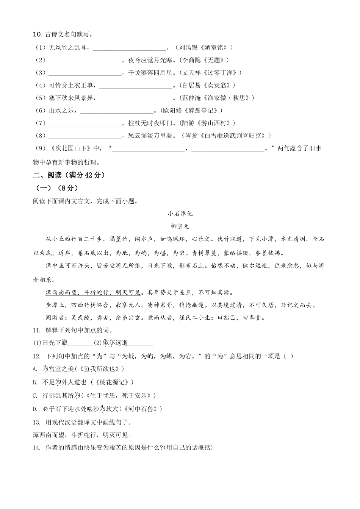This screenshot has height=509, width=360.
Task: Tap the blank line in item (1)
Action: coord(129,48)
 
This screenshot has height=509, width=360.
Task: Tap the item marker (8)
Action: coord(41,136)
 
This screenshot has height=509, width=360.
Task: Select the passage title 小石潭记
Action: coord(180,214)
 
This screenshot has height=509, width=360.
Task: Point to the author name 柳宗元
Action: coord(180,226)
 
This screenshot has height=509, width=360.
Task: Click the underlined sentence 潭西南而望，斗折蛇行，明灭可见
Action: coord(93,292)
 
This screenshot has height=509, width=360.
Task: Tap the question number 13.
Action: coord(37,422)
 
